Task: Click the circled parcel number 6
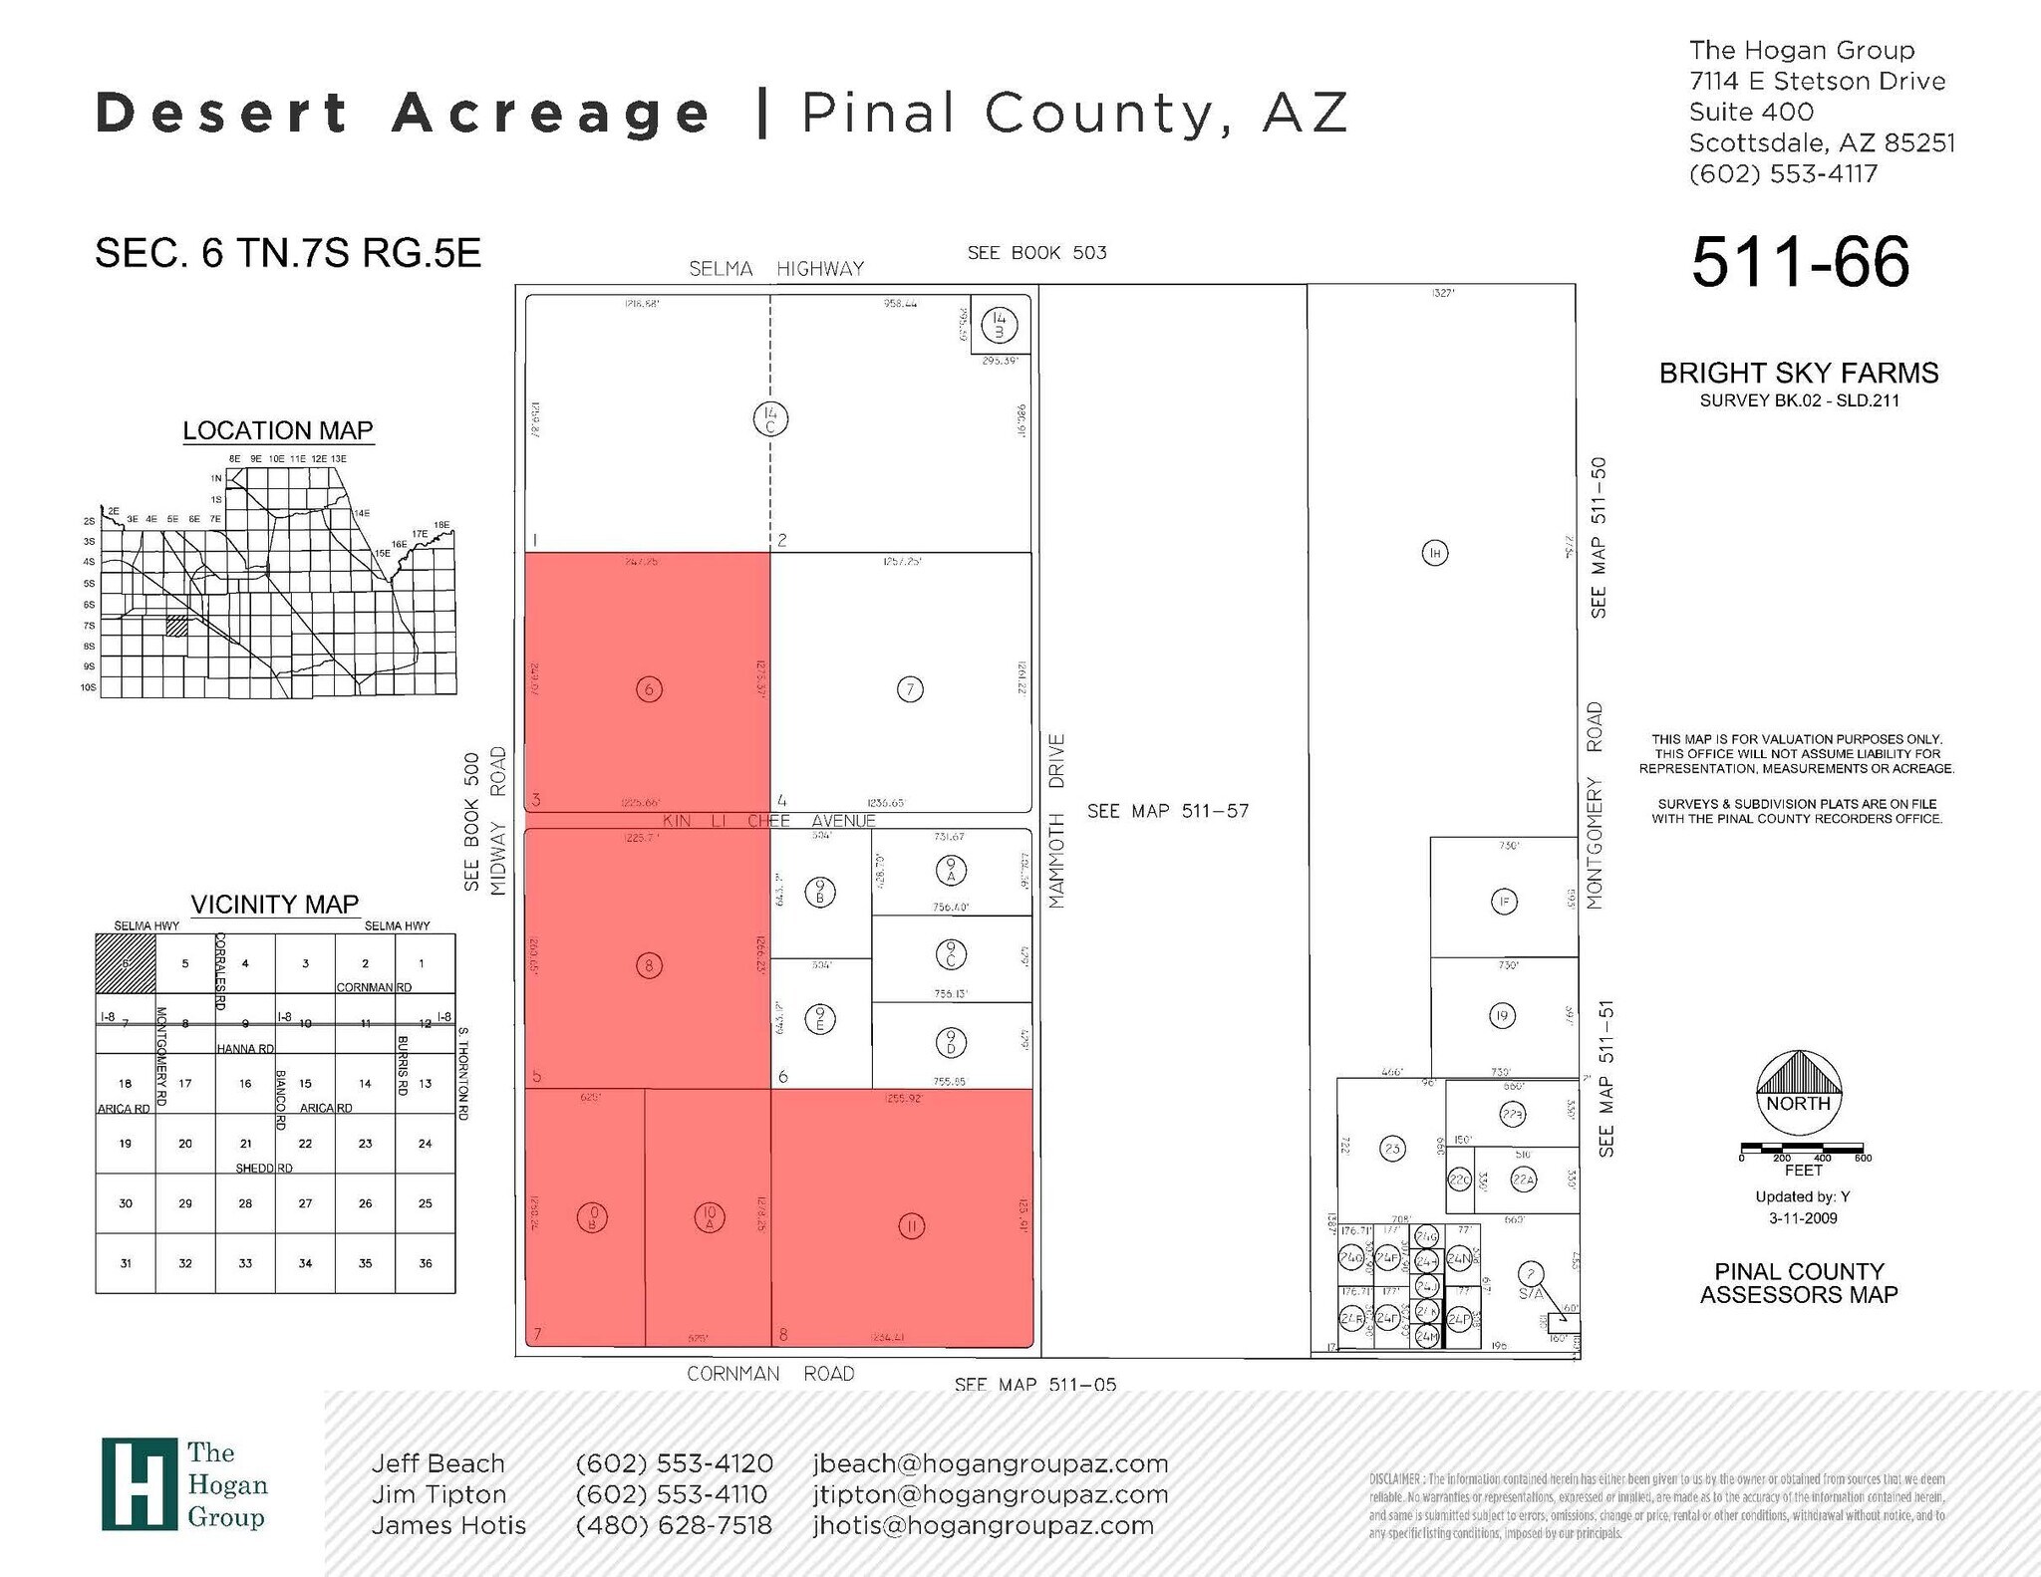coord(649,689)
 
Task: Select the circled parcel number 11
coord(911,1226)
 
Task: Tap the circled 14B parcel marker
coord(999,325)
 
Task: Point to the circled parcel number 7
coord(910,689)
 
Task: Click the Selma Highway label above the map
coord(776,268)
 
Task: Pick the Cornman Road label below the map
coord(770,1373)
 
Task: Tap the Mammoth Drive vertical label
coord(1056,821)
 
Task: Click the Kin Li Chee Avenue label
coord(768,821)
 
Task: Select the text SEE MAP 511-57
coord(1167,811)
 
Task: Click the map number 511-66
coord(1800,262)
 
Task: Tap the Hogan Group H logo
coord(139,1483)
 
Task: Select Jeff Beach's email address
coord(990,1463)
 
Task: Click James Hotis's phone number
coord(674,1525)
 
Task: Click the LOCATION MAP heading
coord(278,430)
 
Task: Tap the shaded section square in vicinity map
coord(126,963)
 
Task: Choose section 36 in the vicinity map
coord(426,1263)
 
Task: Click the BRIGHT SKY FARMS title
coord(1798,373)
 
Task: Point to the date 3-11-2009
coord(1802,1217)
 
